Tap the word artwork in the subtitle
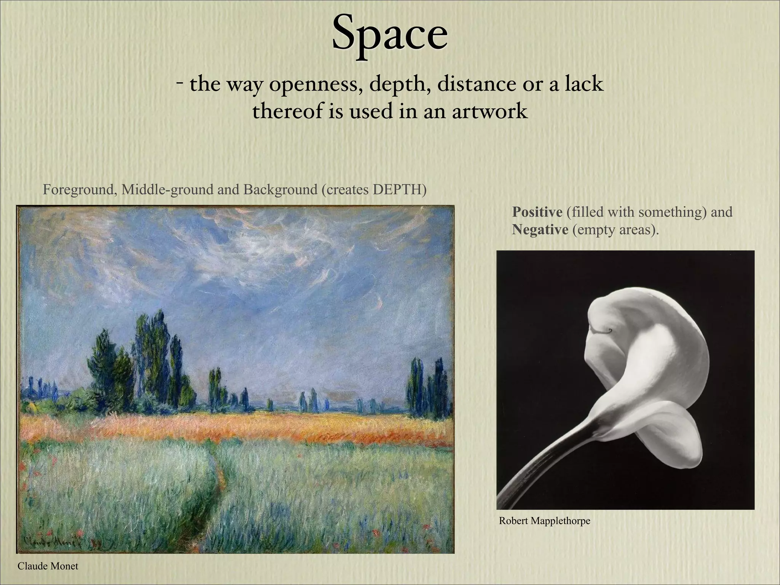tap(489, 111)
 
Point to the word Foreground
tap(79, 189)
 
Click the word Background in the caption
tap(280, 189)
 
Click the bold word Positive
tap(537, 212)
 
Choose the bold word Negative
tap(540, 230)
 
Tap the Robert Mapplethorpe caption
tap(544, 521)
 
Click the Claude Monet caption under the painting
tap(48, 566)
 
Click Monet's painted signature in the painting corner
tap(57, 541)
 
